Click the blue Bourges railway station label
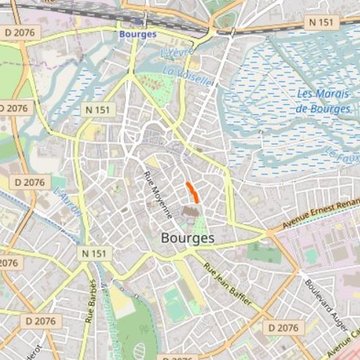[136, 32]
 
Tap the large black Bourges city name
[186, 238]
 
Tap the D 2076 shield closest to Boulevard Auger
[284, 327]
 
